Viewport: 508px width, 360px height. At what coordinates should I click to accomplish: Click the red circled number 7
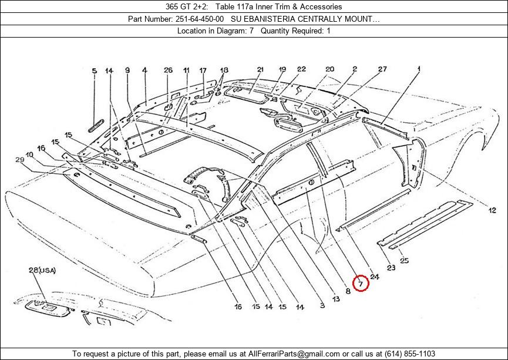click(361, 284)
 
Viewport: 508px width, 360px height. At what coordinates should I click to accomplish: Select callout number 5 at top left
click(95, 71)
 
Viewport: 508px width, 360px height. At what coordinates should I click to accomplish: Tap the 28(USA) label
click(42, 270)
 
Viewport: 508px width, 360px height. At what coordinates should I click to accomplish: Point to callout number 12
click(492, 211)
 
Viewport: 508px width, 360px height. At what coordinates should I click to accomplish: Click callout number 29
click(20, 160)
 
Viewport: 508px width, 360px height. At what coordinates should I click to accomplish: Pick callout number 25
click(404, 260)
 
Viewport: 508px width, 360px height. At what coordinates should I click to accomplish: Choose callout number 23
click(391, 268)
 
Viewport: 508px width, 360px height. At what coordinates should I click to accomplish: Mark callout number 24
click(375, 277)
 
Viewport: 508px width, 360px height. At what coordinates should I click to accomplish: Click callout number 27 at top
click(382, 69)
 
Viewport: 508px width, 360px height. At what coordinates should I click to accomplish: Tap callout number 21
click(261, 69)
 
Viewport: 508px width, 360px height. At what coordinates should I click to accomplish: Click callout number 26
click(168, 70)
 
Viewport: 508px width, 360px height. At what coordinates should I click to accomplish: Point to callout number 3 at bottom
click(322, 305)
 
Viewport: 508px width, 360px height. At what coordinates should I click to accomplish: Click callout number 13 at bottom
click(336, 299)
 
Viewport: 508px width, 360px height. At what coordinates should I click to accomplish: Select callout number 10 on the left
click(29, 155)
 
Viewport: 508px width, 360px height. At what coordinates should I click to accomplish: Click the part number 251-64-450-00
click(200, 19)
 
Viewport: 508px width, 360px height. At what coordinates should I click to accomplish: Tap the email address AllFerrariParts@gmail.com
click(294, 354)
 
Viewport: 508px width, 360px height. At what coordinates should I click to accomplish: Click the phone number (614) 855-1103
click(410, 354)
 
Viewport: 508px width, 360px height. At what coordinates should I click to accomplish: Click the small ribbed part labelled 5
click(96, 126)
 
